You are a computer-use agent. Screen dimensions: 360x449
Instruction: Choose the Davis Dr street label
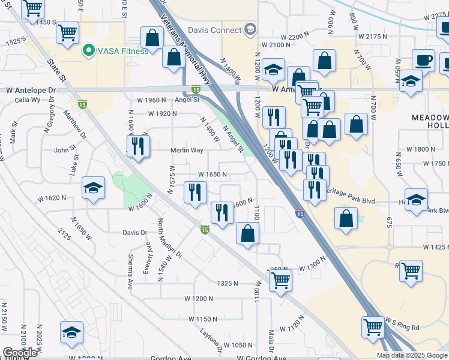(x=135, y=232)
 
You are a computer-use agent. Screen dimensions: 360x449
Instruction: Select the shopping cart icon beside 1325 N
(x=280, y=280)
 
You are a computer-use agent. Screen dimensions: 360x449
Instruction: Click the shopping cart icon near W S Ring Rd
(x=373, y=328)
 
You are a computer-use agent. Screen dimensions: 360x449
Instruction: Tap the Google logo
(x=20, y=353)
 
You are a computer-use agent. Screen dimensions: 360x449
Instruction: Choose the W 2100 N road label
(x=276, y=45)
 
